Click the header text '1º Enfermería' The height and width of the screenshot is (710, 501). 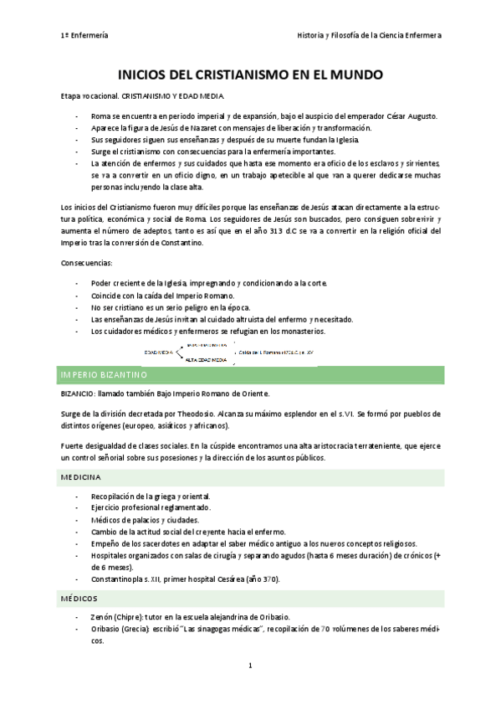coord(84,35)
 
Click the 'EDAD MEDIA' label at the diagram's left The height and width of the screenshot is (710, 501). coord(159,353)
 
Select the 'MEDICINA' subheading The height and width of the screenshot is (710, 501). coord(81,476)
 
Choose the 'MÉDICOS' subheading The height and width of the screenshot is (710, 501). coord(79,599)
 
